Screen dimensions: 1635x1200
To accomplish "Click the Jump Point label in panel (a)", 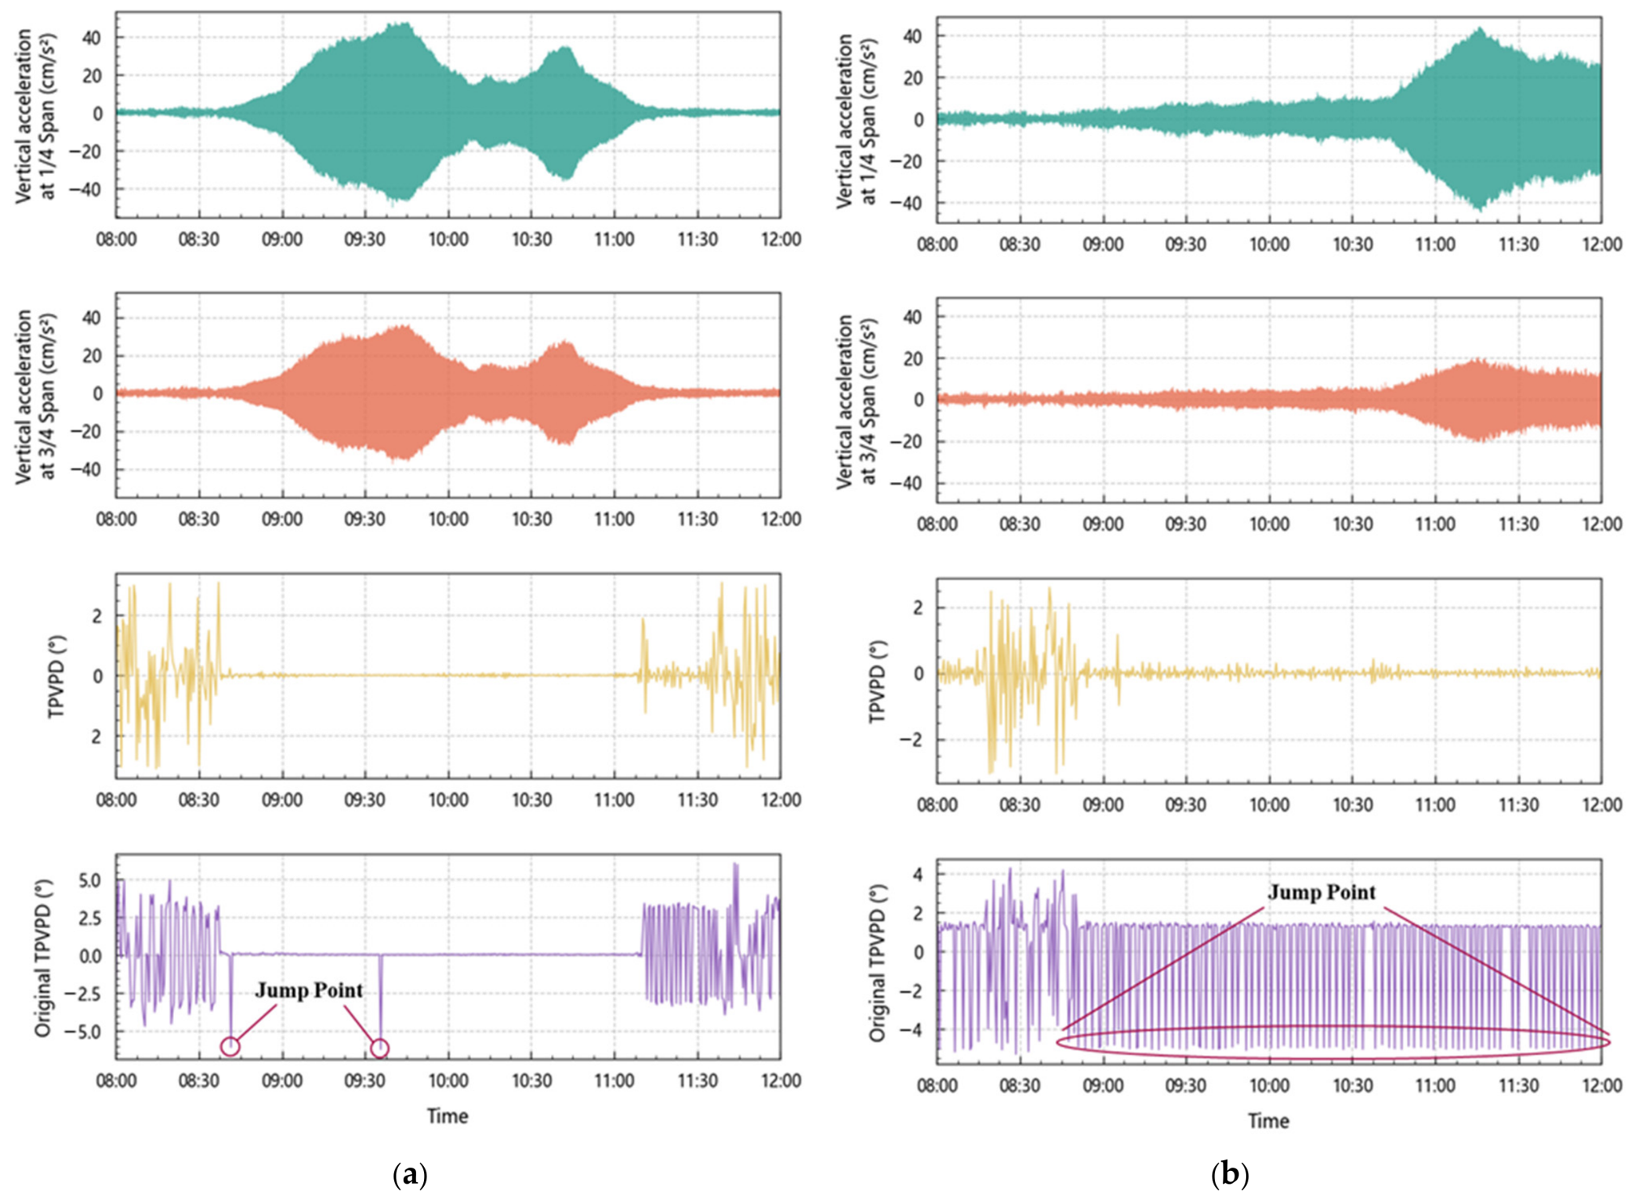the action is pos(309,991).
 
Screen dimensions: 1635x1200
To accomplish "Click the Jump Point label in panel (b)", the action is pos(1321,893).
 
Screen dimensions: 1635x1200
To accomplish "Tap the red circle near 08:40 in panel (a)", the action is pos(231,1047).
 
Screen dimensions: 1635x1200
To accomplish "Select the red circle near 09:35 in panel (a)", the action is pos(379,1049).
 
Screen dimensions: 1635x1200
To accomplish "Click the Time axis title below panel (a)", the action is pos(447,1117).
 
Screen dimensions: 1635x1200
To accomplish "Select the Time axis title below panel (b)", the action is pos(1268,1122).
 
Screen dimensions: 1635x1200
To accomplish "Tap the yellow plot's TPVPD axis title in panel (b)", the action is pos(878,681).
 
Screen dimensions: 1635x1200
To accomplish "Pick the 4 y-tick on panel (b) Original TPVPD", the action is pos(918,875).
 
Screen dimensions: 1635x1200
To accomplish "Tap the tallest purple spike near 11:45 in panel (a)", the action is pos(735,864).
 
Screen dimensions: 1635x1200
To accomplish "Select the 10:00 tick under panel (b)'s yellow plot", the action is pos(1269,805).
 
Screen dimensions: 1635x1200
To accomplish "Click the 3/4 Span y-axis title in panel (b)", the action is pos(854,400).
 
